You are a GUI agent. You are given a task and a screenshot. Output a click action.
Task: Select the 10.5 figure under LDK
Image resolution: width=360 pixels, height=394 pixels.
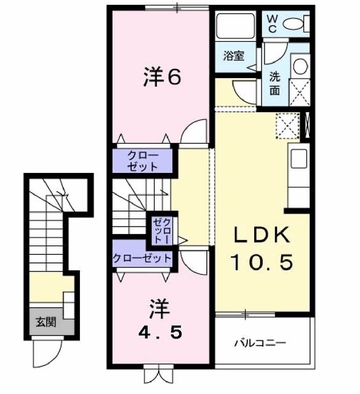261,263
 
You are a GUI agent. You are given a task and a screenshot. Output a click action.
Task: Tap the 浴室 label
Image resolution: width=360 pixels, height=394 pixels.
233,56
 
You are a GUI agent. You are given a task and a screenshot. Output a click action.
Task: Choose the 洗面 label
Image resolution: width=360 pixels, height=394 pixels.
274,84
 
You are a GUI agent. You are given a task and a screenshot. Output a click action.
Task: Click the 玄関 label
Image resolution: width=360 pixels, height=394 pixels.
44,322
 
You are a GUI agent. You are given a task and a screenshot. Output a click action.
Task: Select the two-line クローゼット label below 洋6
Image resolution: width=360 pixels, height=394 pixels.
143,161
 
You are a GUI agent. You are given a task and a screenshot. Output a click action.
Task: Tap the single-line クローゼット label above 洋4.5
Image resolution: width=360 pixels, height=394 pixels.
142,259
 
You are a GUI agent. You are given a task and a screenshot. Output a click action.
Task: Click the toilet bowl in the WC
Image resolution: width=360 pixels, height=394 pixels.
295,24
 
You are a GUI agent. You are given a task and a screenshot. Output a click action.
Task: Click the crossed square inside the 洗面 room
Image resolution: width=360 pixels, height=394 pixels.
300,93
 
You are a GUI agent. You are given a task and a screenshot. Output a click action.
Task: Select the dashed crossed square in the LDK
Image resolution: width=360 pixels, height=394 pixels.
287,127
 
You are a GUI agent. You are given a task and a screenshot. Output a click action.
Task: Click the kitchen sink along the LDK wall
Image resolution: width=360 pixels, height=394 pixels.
299,158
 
